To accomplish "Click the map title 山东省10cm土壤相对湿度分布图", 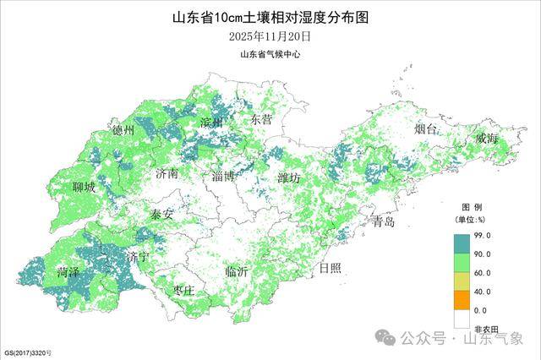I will [270, 16].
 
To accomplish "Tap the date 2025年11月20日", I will [270, 36].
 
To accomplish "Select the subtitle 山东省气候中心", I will [270, 54].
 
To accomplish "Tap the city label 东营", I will [262, 120].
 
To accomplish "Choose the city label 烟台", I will [426, 129].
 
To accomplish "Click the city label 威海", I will [486, 138].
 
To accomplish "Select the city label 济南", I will [167, 174].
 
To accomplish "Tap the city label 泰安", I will [161, 215].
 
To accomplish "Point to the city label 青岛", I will [383, 222].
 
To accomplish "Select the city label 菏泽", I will [68, 273].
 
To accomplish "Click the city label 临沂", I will [237, 272].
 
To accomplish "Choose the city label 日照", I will [330, 269].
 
